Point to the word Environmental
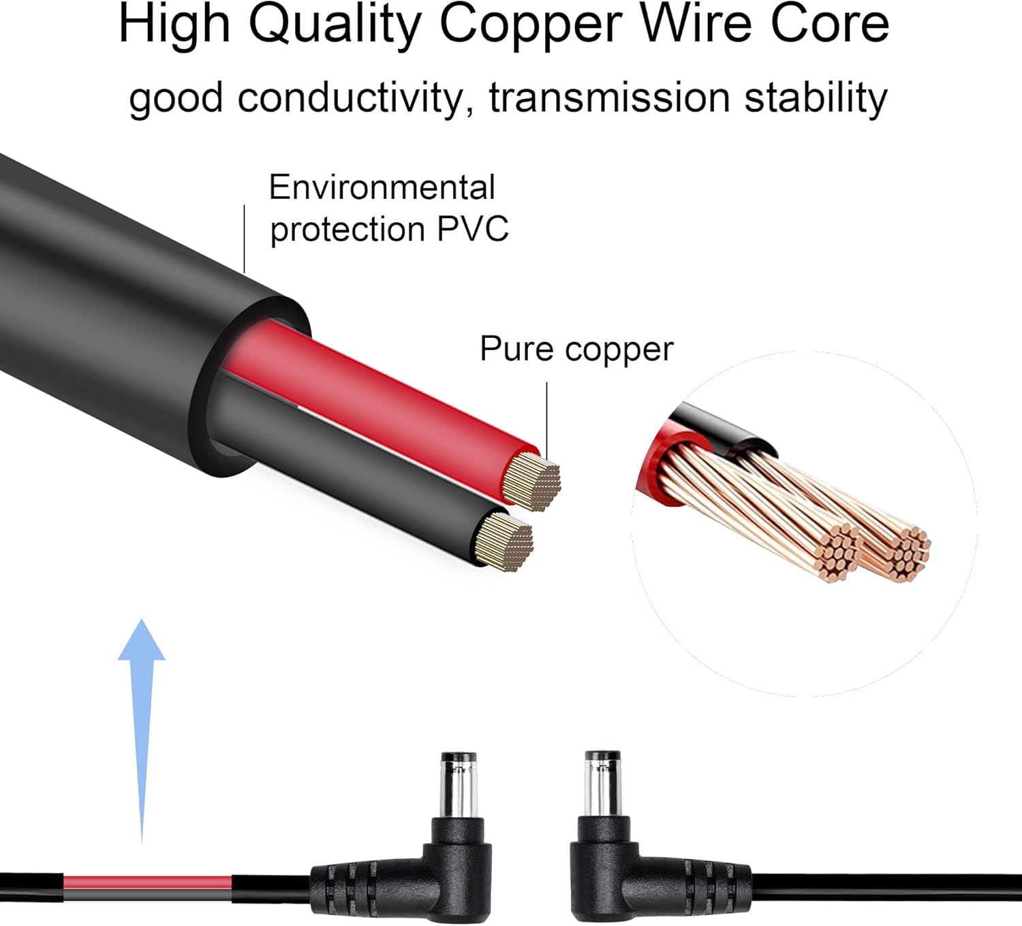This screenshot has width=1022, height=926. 382,187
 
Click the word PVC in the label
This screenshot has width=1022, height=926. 472,229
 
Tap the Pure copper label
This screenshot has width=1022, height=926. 576,349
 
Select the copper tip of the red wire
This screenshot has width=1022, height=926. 532,483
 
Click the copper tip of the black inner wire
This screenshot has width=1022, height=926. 506,541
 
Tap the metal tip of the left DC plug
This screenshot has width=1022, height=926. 459,784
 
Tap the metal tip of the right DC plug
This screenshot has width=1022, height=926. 603,784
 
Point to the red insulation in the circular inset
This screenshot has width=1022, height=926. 654,463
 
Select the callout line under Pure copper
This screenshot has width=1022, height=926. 546,416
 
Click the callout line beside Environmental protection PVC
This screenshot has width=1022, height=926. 244,238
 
